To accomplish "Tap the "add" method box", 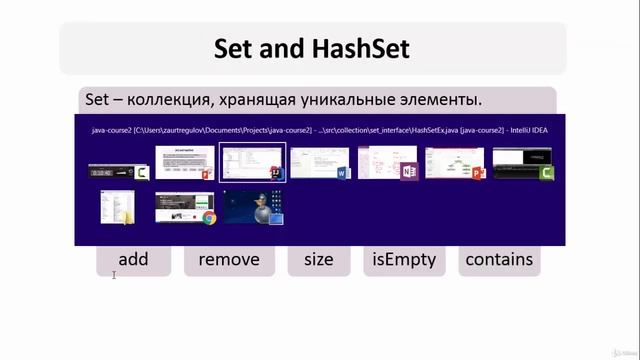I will click(133, 260).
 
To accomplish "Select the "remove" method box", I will click(229, 260).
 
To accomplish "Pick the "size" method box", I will click(318, 260).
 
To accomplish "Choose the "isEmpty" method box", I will click(404, 260).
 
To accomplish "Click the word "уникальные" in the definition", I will click(355, 100).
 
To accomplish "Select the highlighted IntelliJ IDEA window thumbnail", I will click(251, 162).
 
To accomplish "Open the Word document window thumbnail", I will click(319, 162).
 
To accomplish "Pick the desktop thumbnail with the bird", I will click(253, 206).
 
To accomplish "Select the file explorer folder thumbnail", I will click(117, 206).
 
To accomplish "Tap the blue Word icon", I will click(341, 174).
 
